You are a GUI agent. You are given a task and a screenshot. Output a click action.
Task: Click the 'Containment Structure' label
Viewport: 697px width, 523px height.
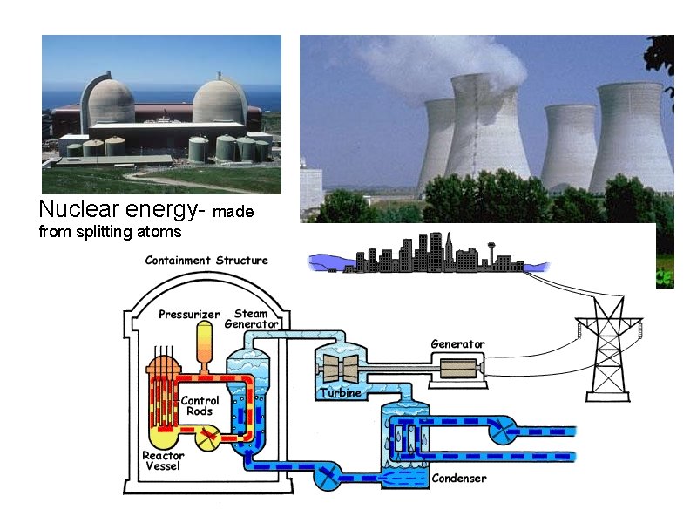pos(206,260)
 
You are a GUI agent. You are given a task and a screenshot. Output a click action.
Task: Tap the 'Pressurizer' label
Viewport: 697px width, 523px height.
pos(189,315)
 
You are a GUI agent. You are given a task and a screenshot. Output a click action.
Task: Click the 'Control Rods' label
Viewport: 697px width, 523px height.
pos(200,406)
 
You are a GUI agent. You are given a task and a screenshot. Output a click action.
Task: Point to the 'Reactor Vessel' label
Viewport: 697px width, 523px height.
pos(163,461)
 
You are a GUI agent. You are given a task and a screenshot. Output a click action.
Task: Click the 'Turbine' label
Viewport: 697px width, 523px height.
pos(340,393)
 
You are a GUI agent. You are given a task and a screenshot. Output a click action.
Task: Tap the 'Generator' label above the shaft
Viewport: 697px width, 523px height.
pos(457,344)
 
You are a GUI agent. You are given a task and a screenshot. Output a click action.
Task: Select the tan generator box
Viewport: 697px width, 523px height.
pos(457,369)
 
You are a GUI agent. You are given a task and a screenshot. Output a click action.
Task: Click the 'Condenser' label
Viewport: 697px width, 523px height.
pos(459,479)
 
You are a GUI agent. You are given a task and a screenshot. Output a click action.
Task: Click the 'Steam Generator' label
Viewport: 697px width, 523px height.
pos(251,319)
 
